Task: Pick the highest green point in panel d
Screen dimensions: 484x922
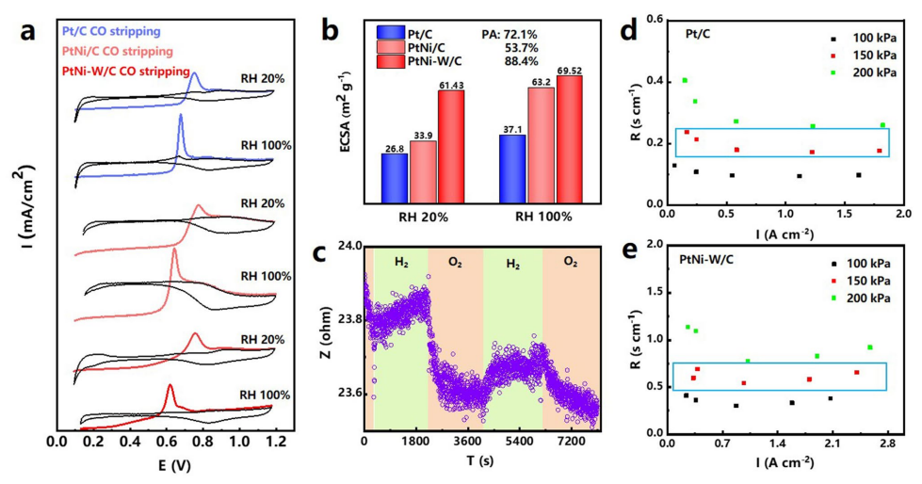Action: pyautogui.click(x=685, y=80)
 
